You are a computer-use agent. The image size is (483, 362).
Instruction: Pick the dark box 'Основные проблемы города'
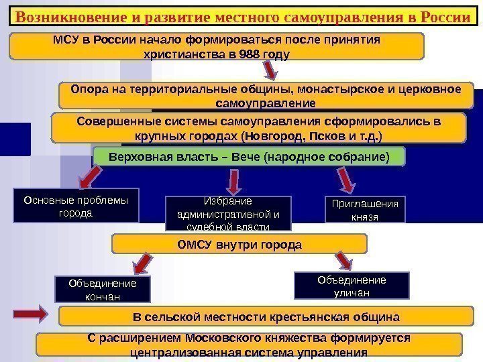[x=76, y=206]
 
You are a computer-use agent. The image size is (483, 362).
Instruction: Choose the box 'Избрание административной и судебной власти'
[x=228, y=213]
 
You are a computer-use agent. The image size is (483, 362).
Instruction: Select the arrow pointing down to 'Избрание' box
[x=234, y=180]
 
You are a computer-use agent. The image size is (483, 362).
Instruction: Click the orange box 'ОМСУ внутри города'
[x=239, y=244]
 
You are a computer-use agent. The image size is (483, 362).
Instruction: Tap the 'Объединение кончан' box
[x=103, y=289]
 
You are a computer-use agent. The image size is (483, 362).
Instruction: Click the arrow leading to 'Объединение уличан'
[x=344, y=259]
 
